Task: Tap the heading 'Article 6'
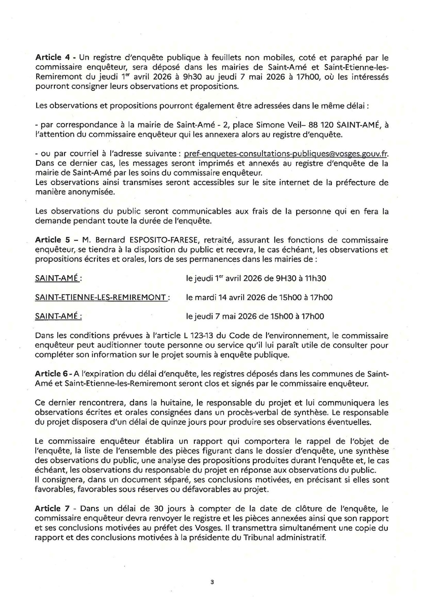pyautogui.click(x=51, y=374)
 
